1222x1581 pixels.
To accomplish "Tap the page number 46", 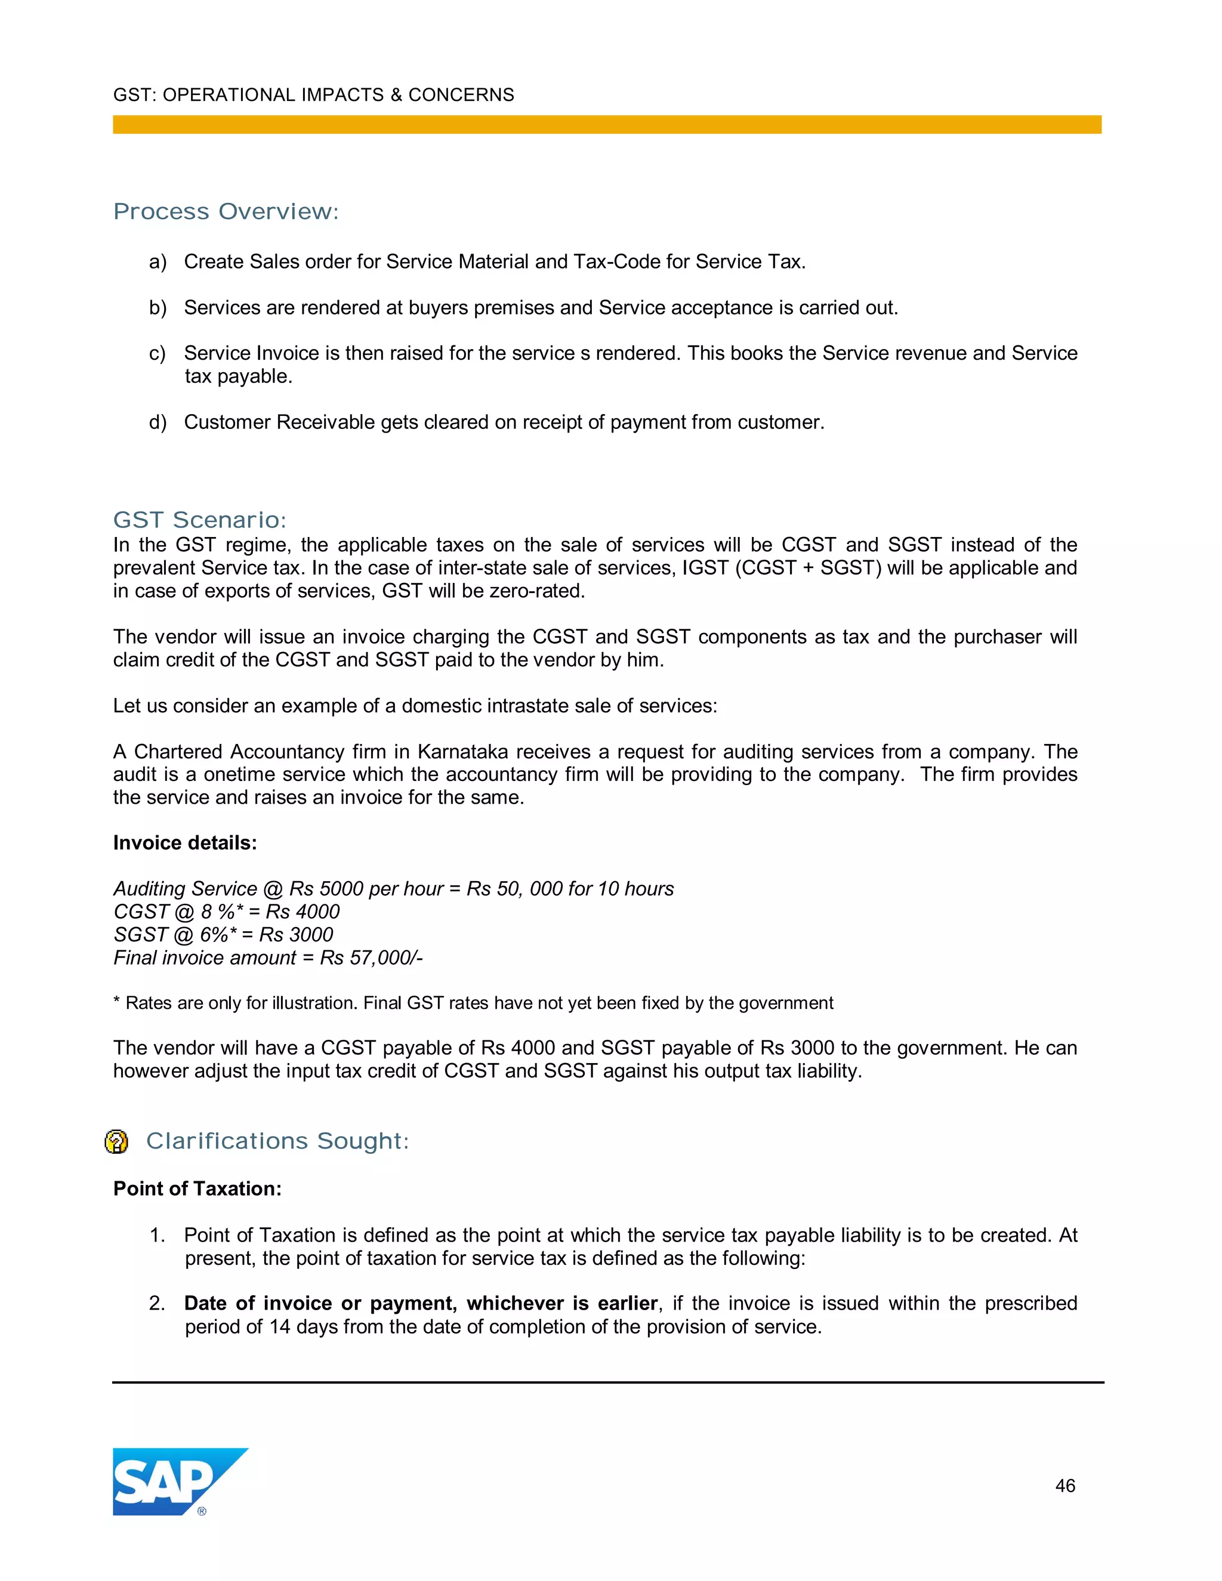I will pos(1064,1486).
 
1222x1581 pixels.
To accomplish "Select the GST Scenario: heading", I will pos(200,520).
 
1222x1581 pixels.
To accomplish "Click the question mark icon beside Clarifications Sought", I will pos(116,1141).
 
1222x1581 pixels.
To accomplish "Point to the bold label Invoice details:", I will pos(184,842).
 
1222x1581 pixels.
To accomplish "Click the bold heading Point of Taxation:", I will pos(197,1188).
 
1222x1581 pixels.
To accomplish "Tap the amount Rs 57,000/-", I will pos(371,958).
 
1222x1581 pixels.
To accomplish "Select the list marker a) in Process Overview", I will pos(158,261).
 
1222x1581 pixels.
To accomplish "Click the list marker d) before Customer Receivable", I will pos(158,422).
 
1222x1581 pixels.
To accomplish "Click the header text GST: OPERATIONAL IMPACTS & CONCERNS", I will pos(313,95).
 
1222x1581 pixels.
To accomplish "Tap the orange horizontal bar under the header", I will pos(607,125).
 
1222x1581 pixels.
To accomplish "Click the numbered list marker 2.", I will pos(157,1303).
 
